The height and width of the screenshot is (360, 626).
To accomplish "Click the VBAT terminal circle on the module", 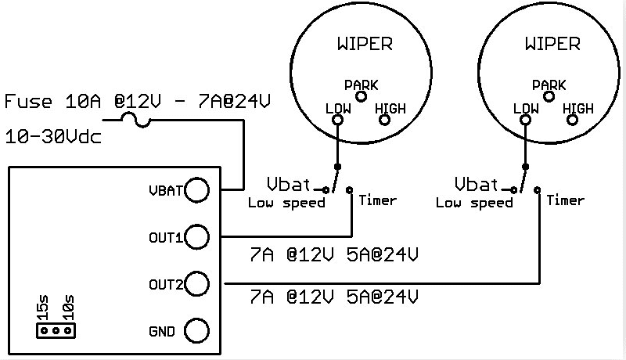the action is click(x=197, y=189).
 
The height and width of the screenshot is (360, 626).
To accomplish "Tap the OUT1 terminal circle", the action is click(x=197, y=236).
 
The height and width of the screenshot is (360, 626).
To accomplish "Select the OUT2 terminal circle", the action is click(x=197, y=284).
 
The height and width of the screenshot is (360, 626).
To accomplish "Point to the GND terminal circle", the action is click(x=197, y=330).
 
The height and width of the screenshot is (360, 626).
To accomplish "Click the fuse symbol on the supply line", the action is click(x=135, y=121).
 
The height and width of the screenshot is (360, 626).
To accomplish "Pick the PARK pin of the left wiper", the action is click(x=362, y=96).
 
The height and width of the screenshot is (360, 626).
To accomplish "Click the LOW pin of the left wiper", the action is click(x=338, y=120).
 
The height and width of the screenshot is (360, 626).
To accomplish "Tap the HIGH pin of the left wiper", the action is click(x=384, y=120).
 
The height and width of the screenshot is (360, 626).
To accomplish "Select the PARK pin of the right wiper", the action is click(x=549, y=96).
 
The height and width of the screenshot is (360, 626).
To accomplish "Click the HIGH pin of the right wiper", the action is click(x=572, y=120).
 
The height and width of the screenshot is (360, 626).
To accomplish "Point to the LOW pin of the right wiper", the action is click(x=525, y=120).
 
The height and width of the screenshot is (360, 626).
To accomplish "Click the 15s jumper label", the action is click(x=43, y=308).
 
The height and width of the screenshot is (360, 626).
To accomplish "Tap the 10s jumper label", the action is click(x=68, y=308).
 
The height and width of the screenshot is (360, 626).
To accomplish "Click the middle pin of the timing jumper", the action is click(x=56, y=331).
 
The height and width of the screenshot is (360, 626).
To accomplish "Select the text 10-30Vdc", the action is click(x=53, y=137).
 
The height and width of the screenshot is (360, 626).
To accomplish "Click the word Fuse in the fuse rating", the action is click(x=28, y=102).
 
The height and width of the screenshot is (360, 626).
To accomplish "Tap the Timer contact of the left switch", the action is click(x=349, y=189).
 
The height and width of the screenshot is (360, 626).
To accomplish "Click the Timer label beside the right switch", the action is click(x=565, y=200).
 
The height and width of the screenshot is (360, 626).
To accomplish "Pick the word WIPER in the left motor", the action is click(x=365, y=44).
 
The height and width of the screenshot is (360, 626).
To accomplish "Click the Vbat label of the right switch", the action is click(x=477, y=184).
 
